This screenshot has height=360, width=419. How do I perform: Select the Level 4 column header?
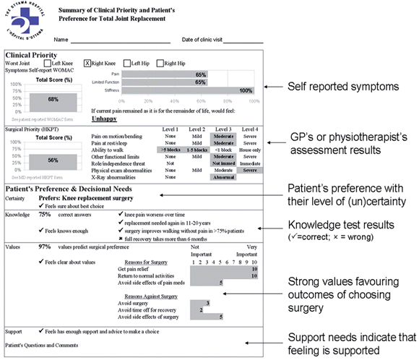[x=250, y=129]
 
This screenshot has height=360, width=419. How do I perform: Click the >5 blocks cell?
[x=168, y=149]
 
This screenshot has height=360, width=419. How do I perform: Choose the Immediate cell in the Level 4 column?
[x=250, y=163]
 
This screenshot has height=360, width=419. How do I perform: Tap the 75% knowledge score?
[x=45, y=214]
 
